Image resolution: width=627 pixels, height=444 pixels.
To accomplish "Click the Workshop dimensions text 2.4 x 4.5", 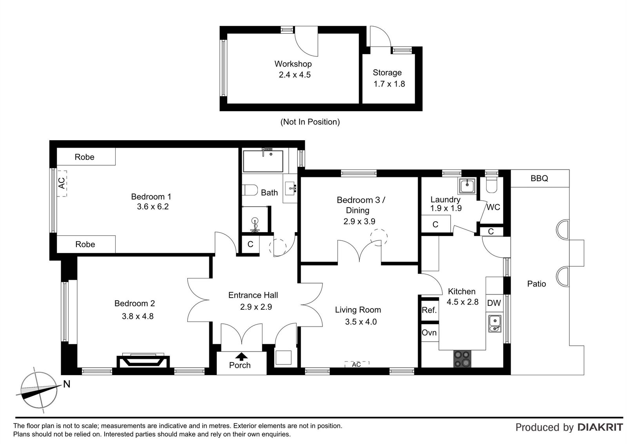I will tap(294, 75).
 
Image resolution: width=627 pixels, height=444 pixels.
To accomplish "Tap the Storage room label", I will tap(387, 72).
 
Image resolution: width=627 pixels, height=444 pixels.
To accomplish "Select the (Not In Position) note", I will tap(310, 122).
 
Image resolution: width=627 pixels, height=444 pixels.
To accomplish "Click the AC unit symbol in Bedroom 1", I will tap(62, 183).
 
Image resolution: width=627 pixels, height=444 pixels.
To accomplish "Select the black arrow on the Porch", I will tap(241, 356).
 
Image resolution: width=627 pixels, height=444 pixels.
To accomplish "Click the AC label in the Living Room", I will tap(356, 365).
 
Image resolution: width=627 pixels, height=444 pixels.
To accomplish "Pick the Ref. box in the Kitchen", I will tap(429, 310).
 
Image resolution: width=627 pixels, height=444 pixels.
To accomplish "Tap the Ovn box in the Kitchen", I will tap(429, 332).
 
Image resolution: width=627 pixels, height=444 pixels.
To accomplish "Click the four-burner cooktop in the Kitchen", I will tap(463, 359).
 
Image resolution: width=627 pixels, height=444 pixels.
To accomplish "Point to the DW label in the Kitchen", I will tap(494, 303).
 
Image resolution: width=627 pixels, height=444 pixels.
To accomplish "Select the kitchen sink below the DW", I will tap(495, 323).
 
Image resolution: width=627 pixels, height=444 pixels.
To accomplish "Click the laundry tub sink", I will tap(468, 186).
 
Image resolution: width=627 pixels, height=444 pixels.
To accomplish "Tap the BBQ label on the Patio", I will tap(539, 179).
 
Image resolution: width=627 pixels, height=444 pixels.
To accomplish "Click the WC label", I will tap(493, 207).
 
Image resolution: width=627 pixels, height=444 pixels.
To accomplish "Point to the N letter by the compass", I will tap(67, 384).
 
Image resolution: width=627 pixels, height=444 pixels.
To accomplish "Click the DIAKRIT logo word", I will tap(600, 427).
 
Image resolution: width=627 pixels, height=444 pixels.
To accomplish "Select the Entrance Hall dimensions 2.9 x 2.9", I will tap(256, 307).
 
